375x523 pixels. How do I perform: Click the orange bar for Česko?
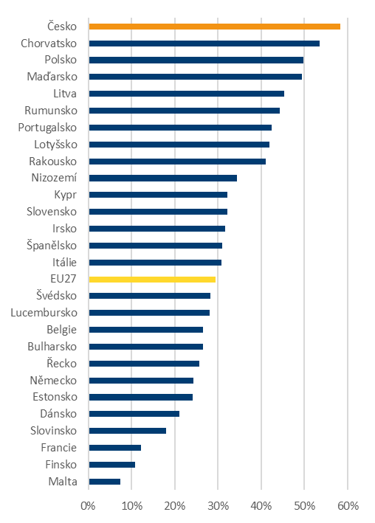pos(214,27)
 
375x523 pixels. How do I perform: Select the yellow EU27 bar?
pos(152,280)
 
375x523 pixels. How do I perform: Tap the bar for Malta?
pos(105,482)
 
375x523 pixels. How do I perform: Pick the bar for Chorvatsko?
pos(204,44)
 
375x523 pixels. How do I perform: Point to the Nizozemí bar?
pos(163,178)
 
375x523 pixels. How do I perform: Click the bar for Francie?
pos(115,448)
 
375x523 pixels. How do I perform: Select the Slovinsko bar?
pos(128,431)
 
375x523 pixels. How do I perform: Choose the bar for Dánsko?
pos(134,414)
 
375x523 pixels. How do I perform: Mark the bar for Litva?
pos(187,94)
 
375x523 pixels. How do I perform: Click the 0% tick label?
pos(88,506)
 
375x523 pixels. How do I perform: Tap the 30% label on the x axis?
pos(218,506)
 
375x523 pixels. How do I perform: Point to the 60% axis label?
pos(348,506)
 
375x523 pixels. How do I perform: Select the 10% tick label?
pos(131,506)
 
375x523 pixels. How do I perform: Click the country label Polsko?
pos(61,60)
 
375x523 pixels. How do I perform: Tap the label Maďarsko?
pos(52,77)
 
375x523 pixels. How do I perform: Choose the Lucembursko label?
pos(44,313)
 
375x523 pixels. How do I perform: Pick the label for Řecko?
pos(62,363)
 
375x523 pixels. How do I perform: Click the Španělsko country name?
pos(52,246)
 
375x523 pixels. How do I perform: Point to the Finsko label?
pos(61,465)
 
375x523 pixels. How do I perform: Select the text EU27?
pos(63,279)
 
